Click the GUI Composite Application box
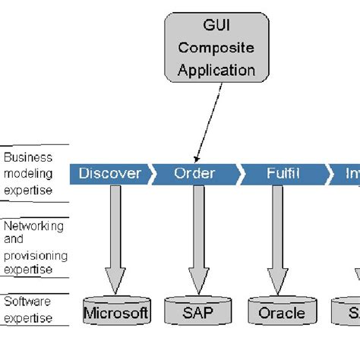pyautogui.click(x=216, y=47)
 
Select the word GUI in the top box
pyautogui.click(x=215, y=26)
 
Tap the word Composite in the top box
pyautogui.click(x=216, y=47)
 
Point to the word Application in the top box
pyautogui.click(x=216, y=70)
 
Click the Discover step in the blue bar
pyautogui.click(x=109, y=173)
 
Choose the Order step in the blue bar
pyautogui.click(x=195, y=173)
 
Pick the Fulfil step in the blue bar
pyautogui.click(x=283, y=173)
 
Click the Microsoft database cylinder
pyautogui.click(x=116, y=311)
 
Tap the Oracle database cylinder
pyautogui.click(x=281, y=311)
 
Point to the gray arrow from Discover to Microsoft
pyautogui.click(x=115, y=235)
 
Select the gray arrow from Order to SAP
pyautogui.click(x=199, y=235)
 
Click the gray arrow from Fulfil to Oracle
pyautogui.click(x=278, y=235)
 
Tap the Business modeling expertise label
pyautogui.click(x=29, y=173)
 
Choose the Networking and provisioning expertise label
pyautogui.click(x=35, y=247)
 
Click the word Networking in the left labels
pyautogui.click(x=33, y=226)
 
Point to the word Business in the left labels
pyautogui.click(x=27, y=158)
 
